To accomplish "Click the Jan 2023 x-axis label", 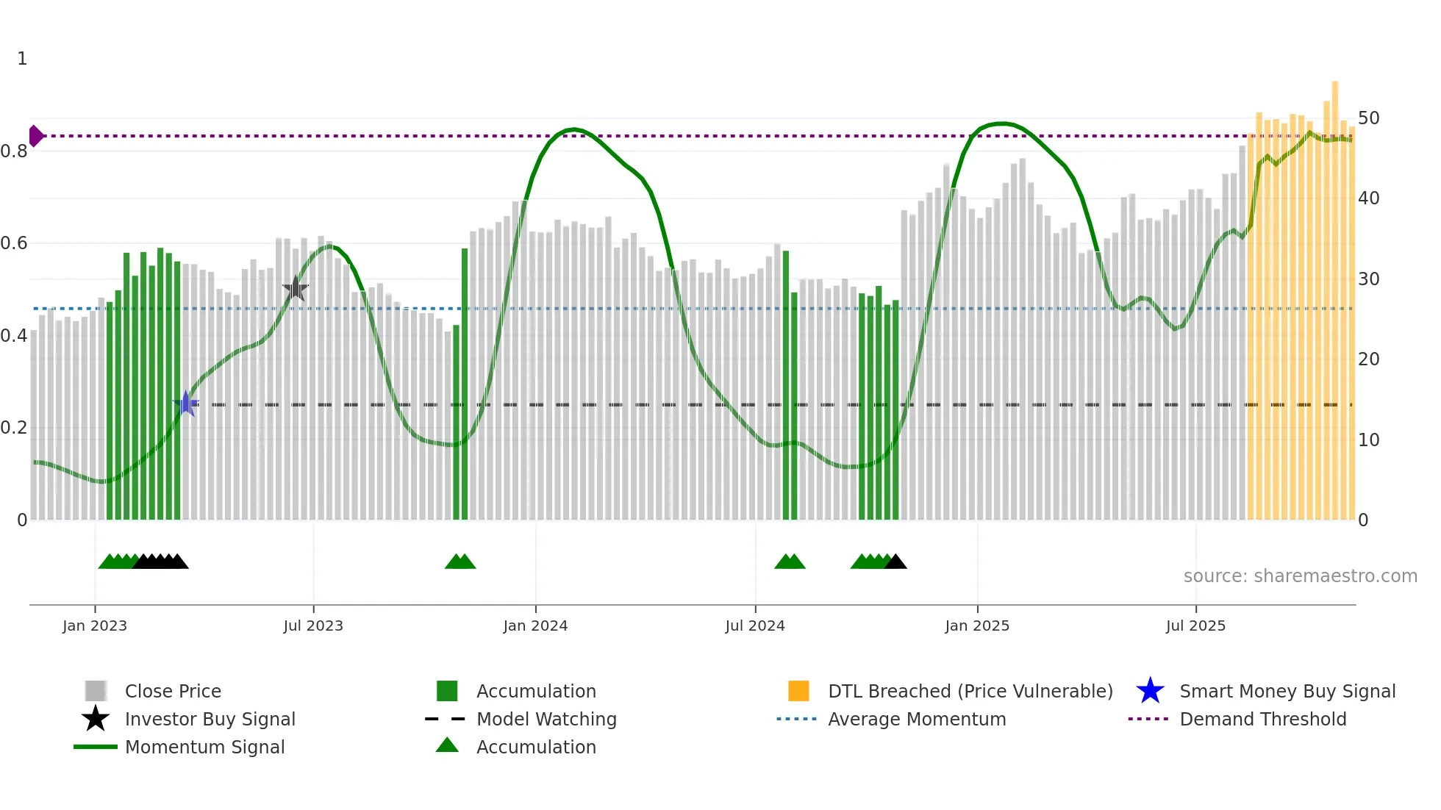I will pos(95,626).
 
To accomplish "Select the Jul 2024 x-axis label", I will pos(755,626).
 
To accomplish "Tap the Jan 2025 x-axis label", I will pos(977,626).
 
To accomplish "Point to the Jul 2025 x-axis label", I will pos(1196,626).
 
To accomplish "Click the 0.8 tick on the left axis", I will pos(14,151).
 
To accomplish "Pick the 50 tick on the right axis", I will pos(1369,118).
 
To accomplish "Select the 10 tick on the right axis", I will pos(1369,440).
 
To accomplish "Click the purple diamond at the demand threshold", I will pos(35,136).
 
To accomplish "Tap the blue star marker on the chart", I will pos(187,404).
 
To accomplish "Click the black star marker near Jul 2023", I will pos(296,288).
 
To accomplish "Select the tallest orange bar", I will pos(1335,294).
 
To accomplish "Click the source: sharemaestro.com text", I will pos(1300,576).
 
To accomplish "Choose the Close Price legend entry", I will pos(173,691).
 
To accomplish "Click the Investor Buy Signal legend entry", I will pos(210,719).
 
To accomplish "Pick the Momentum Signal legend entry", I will pos(204,747).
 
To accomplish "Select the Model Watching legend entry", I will pos(546,719).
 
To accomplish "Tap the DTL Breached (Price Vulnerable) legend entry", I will pos(970,691).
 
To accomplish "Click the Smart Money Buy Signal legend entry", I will pos(1287,691).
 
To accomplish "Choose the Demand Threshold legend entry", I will pos(1262,719).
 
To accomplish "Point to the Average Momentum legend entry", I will pos(917,719).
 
